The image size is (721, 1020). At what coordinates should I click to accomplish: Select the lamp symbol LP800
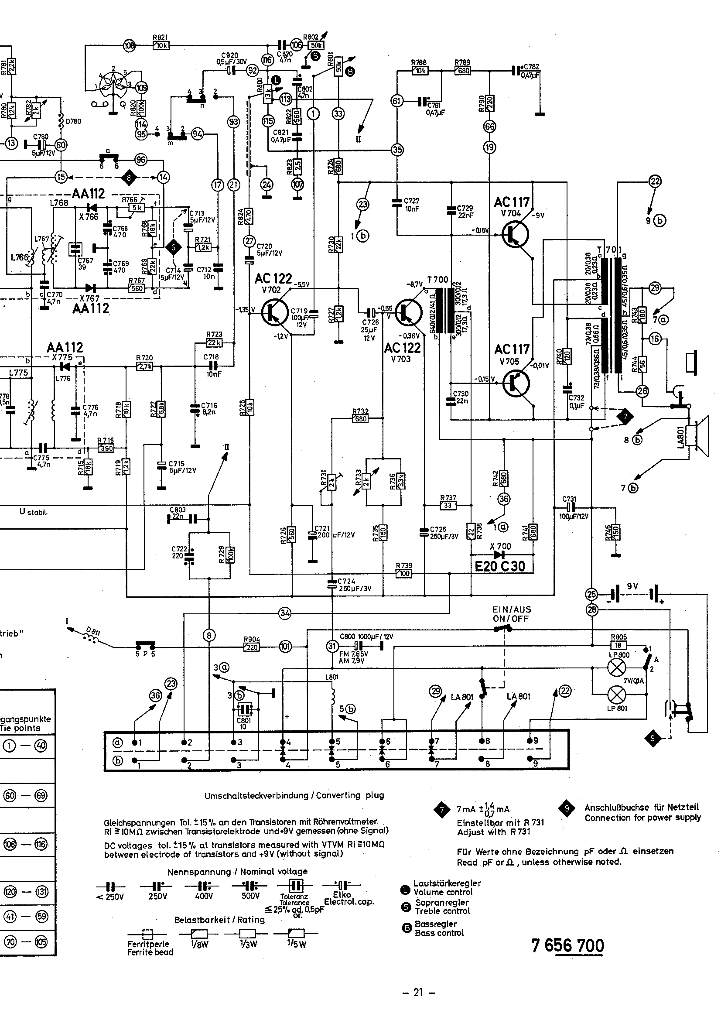tap(617, 667)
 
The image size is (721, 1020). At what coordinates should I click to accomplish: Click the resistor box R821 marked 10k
tap(161, 45)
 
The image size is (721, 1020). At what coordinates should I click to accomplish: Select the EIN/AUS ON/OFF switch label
tap(511, 614)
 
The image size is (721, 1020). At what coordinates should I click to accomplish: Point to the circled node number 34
tap(285, 613)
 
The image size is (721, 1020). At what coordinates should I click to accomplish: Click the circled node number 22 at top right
tap(655, 181)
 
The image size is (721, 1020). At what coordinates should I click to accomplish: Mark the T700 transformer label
tap(437, 280)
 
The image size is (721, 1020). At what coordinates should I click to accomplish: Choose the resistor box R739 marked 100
tap(404, 574)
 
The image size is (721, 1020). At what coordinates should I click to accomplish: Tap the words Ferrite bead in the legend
tap(150, 952)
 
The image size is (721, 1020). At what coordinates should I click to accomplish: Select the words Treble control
tap(442, 911)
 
